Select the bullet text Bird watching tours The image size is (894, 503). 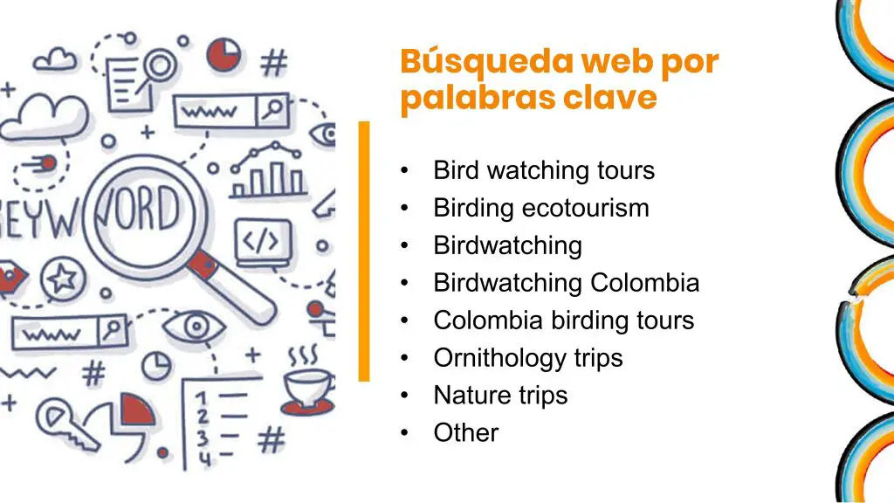pyautogui.click(x=544, y=170)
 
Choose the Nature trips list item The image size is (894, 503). pyautogui.click(x=500, y=396)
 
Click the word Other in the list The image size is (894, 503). pyautogui.click(x=466, y=433)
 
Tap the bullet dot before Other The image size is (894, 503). pyautogui.click(x=404, y=433)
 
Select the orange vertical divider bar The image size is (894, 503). pyautogui.click(x=364, y=251)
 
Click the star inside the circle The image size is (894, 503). pyautogui.click(x=63, y=279)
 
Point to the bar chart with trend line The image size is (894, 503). pyautogui.click(x=267, y=171)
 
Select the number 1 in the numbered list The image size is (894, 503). pyautogui.click(x=200, y=397)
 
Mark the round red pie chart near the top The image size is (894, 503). pyautogui.click(x=223, y=55)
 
